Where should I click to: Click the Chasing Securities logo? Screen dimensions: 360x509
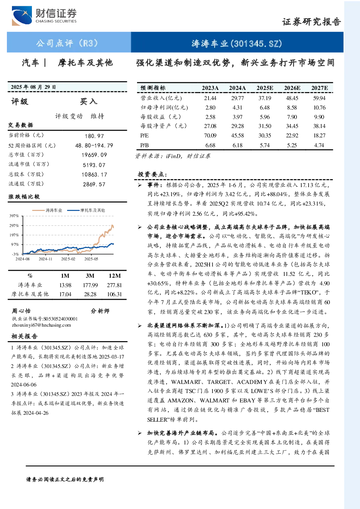coord(44,16)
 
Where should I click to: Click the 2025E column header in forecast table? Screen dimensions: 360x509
coord(265,88)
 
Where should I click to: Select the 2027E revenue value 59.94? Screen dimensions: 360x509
coord(319,98)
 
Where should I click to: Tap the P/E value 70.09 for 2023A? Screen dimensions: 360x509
coord(210,136)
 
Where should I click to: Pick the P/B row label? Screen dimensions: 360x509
coord(145,145)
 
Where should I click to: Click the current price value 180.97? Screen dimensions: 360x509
coord(94,136)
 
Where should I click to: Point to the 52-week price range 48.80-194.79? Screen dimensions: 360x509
coord(94,145)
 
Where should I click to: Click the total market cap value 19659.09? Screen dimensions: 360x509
coord(94,155)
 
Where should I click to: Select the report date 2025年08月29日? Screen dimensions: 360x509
coord(33,87)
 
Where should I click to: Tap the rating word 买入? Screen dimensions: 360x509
coord(88,102)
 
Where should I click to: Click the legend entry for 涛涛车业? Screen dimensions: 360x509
coord(47,210)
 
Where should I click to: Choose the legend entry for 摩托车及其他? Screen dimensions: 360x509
coord(86,210)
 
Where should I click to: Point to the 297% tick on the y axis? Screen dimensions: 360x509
coord(14,225)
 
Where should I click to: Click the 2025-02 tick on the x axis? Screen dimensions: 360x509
coord(68,259)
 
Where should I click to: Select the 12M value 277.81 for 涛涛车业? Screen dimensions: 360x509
coord(114,285)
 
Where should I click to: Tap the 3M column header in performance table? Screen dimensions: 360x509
coord(90,276)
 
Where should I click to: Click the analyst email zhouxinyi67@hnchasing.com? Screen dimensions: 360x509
coord(41,325)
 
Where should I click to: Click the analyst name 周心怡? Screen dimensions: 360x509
coord(21,311)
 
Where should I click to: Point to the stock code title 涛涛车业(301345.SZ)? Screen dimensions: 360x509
coord(237,43)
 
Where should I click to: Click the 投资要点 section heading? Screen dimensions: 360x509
coord(153,174)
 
